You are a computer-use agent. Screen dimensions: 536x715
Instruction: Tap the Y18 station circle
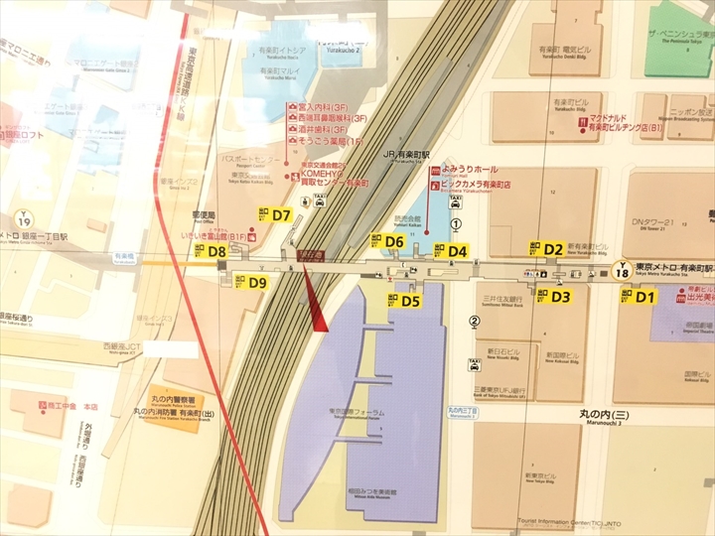pyautogui.click(x=623, y=269)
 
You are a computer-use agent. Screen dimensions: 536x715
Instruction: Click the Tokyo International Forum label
pyautogui.click(x=384, y=413)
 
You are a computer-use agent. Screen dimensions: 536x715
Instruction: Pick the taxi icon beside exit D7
pyautogui.click(x=319, y=199)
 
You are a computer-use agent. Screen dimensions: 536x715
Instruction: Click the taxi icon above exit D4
pyautogui.click(x=456, y=201)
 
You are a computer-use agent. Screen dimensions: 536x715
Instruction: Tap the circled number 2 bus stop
pyautogui.click(x=475, y=320)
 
